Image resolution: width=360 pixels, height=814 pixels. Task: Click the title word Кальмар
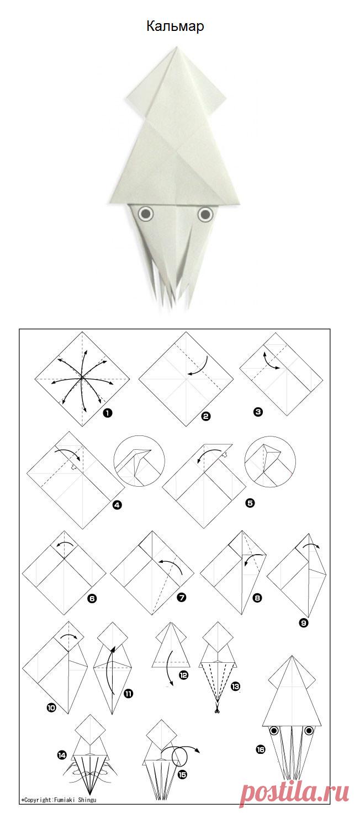[175, 26]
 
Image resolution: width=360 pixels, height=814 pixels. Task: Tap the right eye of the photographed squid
[206, 215]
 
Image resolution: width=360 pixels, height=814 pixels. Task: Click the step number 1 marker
[107, 413]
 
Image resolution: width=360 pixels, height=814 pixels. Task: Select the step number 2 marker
[206, 417]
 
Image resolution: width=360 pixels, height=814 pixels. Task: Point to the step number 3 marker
[258, 412]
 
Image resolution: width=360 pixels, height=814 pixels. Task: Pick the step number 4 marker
[117, 504]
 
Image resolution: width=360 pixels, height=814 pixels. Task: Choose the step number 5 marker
[250, 503]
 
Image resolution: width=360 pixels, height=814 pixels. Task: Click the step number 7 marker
[182, 597]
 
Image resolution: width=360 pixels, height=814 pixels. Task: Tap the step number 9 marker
[304, 623]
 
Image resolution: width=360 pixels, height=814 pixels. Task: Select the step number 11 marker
[128, 694]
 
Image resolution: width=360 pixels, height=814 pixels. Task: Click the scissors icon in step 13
[217, 709]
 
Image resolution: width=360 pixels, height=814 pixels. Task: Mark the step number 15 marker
[182, 775]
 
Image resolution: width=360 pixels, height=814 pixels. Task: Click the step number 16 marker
[261, 749]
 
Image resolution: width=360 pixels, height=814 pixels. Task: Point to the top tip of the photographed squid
[176, 46]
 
